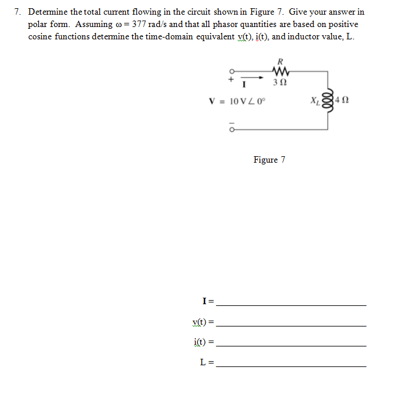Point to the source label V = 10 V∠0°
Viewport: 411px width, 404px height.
[237, 100]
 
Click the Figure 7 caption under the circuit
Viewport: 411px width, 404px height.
[269, 160]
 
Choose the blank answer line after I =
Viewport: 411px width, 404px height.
[291, 305]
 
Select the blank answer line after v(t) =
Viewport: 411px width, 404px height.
[291, 325]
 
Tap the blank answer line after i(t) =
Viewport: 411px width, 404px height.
[291, 345]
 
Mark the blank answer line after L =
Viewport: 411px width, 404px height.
[291, 365]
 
